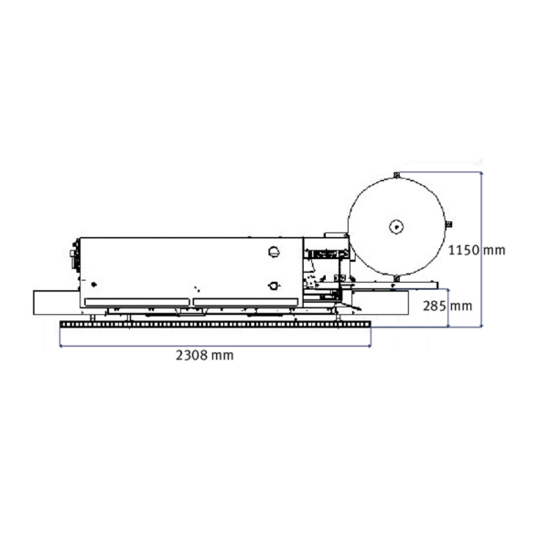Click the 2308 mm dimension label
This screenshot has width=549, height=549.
tap(204, 355)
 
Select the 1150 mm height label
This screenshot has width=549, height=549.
tap(477, 251)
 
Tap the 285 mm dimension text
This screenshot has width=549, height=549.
tap(447, 307)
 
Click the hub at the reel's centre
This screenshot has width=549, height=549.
tap(396, 227)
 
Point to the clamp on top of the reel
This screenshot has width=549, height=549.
tap(397, 175)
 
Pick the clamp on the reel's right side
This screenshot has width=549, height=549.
tap(449, 224)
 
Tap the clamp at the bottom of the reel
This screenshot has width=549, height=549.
tap(396, 278)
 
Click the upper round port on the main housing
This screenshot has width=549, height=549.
tap(274, 252)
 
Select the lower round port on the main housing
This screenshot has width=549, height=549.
tap(274, 285)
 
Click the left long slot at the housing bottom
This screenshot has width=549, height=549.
tap(137, 302)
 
